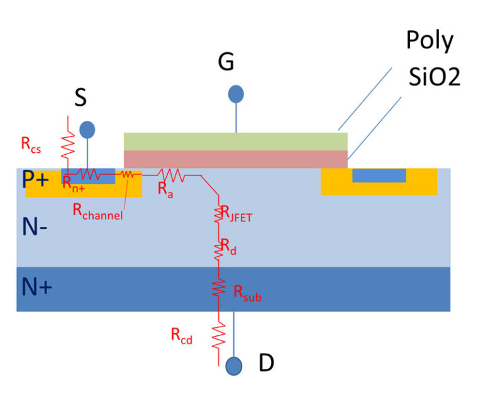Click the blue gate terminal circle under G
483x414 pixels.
236,94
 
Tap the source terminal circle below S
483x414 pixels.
87,130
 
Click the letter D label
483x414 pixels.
266,364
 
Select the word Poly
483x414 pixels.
429,41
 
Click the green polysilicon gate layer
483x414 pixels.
236,141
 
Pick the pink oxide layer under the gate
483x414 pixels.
236,159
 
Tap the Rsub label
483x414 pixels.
247,293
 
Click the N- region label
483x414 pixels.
35,228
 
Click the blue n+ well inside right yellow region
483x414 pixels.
379,176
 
